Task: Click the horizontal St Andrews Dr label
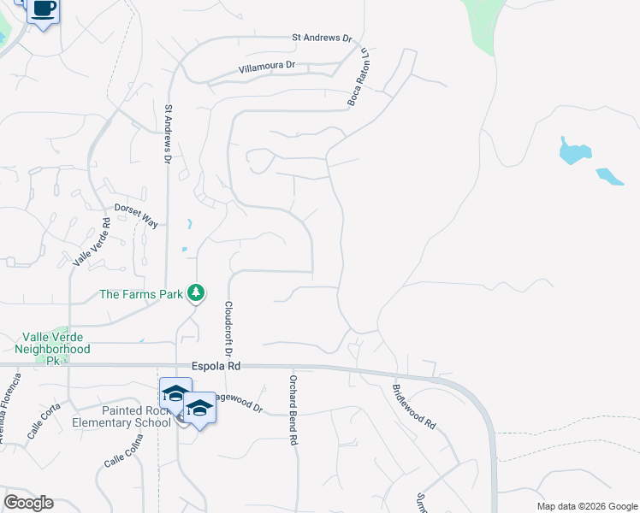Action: pyautogui.click(x=322, y=38)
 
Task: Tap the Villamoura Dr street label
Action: pyautogui.click(x=267, y=66)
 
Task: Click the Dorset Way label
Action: pyautogui.click(x=136, y=215)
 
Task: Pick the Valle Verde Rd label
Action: pyautogui.click(x=90, y=243)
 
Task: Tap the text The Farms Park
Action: pyautogui.click(x=142, y=294)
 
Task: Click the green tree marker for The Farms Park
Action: pyautogui.click(x=197, y=293)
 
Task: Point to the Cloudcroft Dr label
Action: pyautogui.click(x=228, y=328)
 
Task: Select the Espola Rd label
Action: pyautogui.click(x=216, y=365)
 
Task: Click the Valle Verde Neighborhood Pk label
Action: pyautogui.click(x=52, y=349)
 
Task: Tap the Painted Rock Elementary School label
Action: pyautogui.click(x=137, y=416)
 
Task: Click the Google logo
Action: pyautogui.click(x=28, y=502)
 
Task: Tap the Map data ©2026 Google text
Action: pyautogui.click(x=587, y=506)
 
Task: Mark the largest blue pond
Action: pyautogui.click(x=574, y=150)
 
